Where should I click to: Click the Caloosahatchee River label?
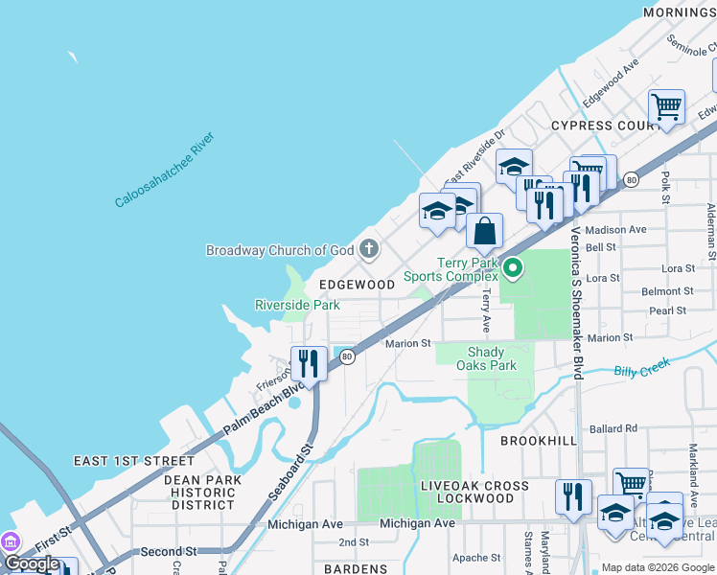pos(164,171)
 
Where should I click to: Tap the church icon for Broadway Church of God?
pos(369,250)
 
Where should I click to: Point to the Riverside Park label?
pos(297,305)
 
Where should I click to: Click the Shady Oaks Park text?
pos(492,358)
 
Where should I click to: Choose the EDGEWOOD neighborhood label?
pos(357,285)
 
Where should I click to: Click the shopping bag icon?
pos(485,232)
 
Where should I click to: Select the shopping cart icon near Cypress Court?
pos(666,106)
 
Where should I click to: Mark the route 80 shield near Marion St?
pos(347,356)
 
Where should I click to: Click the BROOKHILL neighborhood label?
pos(540,440)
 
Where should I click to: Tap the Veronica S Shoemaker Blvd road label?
pos(577,302)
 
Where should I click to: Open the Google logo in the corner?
pos(32,563)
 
